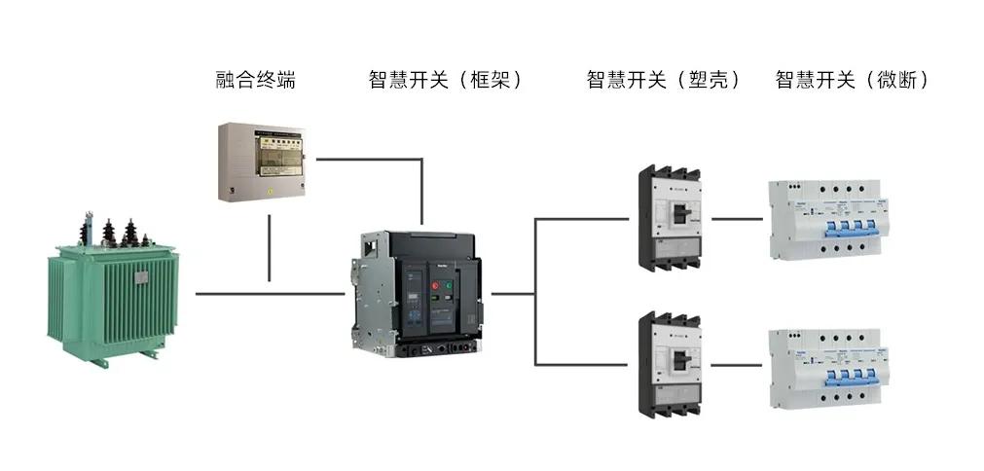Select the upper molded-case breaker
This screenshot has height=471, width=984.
[x=671, y=219]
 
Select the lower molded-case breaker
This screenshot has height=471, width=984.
[x=671, y=365]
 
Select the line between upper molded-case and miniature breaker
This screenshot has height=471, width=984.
[x=736, y=219]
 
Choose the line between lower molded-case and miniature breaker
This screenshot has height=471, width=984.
[x=736, y=366]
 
